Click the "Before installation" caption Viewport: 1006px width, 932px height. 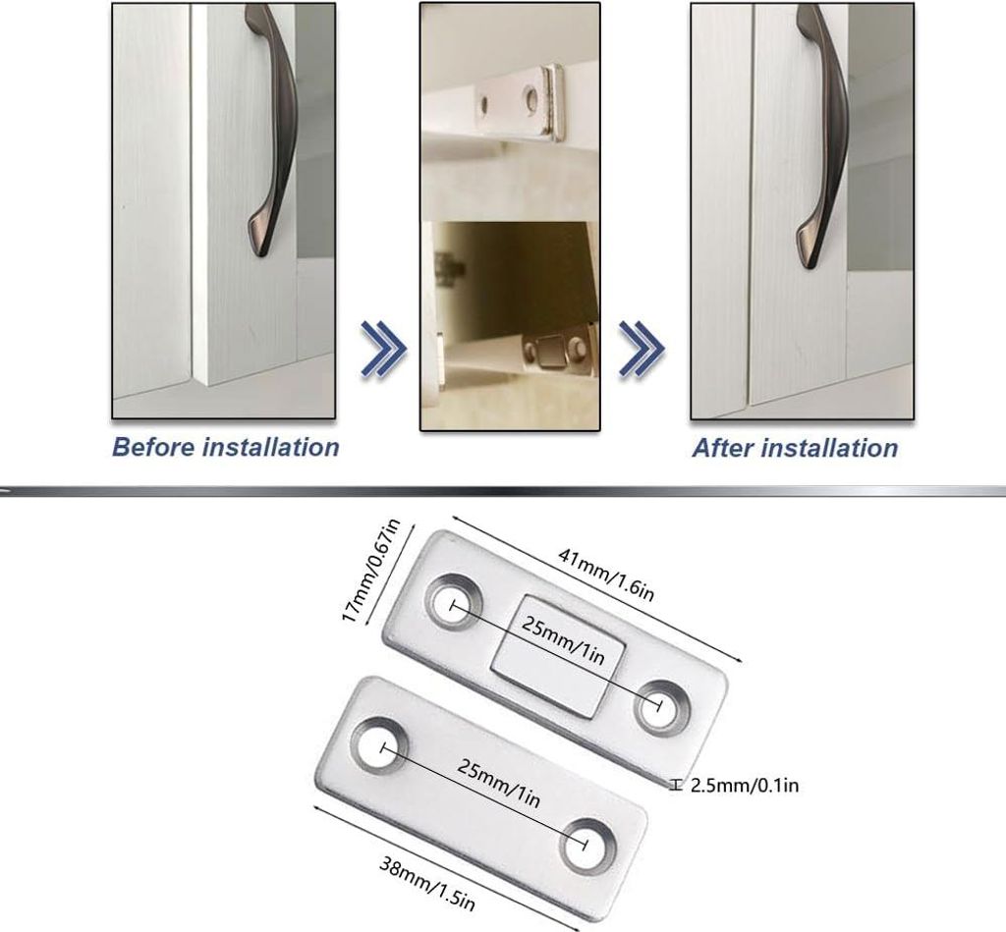tap(225, 447)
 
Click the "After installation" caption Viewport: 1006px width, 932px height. tap(795, 448)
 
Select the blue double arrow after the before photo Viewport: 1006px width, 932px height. tap(384, 349)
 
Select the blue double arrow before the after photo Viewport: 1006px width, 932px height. tap(642, 349)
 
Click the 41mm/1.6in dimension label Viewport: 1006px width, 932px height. tap(605, 575)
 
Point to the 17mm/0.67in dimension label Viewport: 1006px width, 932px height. tap(370, 571)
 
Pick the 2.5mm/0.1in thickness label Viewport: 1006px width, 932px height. tap(745, 785)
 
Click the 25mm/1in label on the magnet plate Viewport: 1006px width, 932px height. tap(563, 639)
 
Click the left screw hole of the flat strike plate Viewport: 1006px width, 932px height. tap(380, 746)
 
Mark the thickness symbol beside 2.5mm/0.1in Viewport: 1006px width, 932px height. tap(676, 785)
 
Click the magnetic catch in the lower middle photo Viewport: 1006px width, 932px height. tap(557, 353)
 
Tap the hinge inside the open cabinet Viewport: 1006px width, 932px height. tap(450, 265)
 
